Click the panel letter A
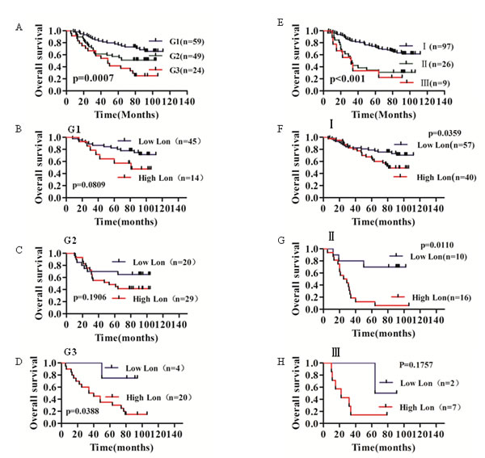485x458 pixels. pyautogui.click(x=19, y=27)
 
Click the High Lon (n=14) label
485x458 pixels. pyautogui.click(x=162, y=176)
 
